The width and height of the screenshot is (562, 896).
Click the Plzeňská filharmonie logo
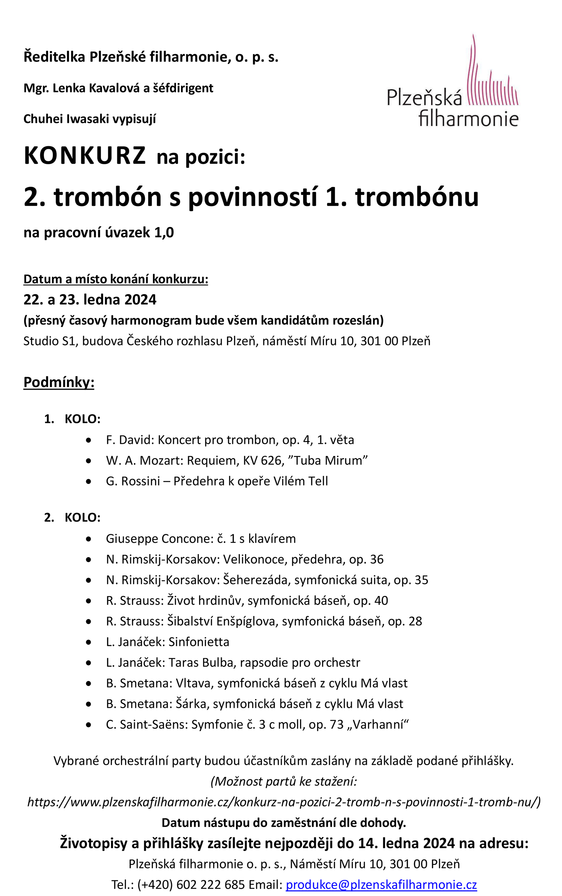tap(453, 84)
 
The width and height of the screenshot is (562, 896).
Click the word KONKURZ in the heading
tap(85, 156)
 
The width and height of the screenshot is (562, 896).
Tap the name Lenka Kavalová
tap(99, 88)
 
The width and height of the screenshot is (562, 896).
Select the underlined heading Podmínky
tap(58, 382)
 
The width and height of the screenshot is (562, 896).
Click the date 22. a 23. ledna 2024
tap(90, 300)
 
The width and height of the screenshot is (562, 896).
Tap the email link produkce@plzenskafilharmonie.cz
tap(381, 884)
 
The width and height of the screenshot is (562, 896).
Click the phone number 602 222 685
tap(210, 884)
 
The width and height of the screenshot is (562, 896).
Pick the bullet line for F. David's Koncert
tap(230, 440)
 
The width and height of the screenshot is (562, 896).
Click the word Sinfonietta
tap(199, 642)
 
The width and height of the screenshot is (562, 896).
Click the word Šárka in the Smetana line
tap(190, 704)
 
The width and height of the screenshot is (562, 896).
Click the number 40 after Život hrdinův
tap(381, 601)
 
